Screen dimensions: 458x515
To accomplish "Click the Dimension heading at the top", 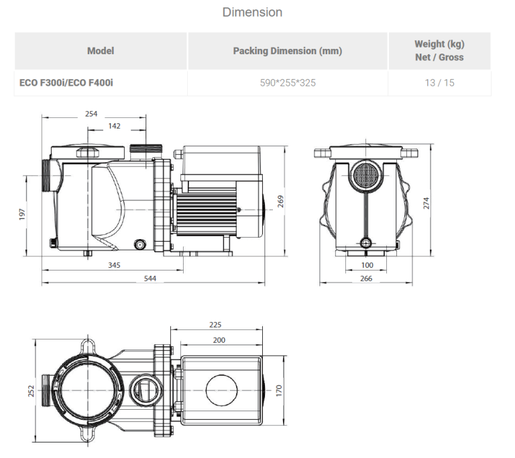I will [x=252, y=12].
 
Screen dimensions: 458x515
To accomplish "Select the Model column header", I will [x=101, y=51].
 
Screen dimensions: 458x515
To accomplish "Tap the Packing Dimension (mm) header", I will [x=287, y=51].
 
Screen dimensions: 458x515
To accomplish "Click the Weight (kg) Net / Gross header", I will [x=439, y=51].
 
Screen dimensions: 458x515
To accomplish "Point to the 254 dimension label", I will [x=92, y=114].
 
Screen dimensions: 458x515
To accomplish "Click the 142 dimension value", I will [x=114, y=126].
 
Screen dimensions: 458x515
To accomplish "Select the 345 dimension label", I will [x=114, y=266].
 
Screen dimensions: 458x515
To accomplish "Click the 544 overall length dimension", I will [x=150, y=278].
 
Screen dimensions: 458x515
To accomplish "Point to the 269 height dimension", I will [x=281, y=201].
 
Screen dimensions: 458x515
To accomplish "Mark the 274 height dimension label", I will [x=426, y=203].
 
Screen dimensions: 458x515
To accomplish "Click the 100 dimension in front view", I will [x=366, y=266].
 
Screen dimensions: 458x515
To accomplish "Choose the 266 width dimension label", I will [x=366, y=278].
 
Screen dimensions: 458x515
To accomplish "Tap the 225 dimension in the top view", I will [x=215, y=324].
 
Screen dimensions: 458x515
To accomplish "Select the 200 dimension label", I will [x=219, y=339].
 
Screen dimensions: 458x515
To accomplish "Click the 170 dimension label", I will [x=280, y=389].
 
